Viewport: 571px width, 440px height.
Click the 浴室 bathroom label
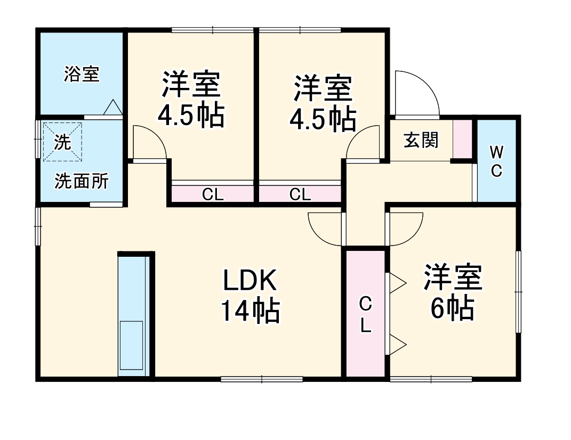(x=82, y=74)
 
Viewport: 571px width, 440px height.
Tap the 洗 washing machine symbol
(x=63, y=142)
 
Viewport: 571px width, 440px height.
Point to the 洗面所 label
(x=82, y=182)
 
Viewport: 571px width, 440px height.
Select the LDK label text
(x=250, y=281)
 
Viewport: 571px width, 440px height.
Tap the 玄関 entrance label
(x=421, y=140)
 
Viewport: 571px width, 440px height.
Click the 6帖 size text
(x=452, y=307)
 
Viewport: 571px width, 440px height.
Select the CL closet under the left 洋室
(x=212, y=194)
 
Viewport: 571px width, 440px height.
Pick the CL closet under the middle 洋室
(x=300, y=194)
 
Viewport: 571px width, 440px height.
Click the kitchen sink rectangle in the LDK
(x=131, y=345)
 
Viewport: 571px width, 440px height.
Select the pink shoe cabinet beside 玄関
(x=463, y=140)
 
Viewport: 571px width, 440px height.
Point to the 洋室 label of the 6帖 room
(x=453, y=278)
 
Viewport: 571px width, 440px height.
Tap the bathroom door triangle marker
(x=112, y=107)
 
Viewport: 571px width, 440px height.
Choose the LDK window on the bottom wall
(x=261, y=379)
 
